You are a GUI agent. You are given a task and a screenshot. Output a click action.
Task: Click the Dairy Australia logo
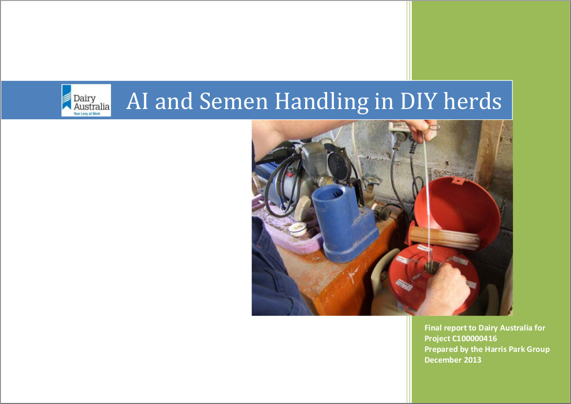[86, 100]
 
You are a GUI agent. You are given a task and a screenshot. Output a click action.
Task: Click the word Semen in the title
[234, 101]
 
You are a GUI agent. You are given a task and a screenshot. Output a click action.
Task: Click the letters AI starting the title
[137, 101]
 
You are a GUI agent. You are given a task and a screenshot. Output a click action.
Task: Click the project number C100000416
[474, 338]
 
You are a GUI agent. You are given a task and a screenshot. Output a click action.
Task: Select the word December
[442, 360]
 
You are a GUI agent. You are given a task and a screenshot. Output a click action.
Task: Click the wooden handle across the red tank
[444, 238]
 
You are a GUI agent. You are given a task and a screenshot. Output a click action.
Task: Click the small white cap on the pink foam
[297, 228]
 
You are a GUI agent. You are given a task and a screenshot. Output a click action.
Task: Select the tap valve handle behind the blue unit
[371, 180]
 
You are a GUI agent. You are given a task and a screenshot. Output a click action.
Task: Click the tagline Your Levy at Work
[87, 114]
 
